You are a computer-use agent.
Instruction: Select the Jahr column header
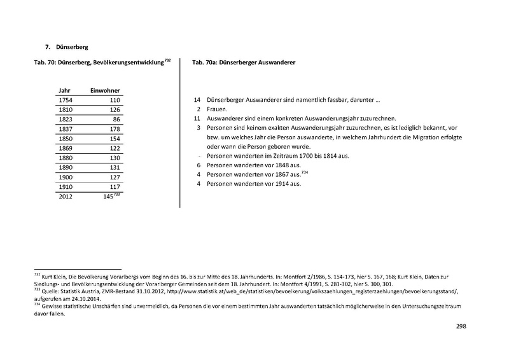[x=64, y=90]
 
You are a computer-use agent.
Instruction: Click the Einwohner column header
[x=105, y=90]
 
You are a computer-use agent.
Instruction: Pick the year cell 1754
[x=66, y=100]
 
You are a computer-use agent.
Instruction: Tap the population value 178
[x=114, y=129]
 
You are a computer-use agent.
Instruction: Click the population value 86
[x=116, y=120]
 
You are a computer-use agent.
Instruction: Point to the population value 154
[x=114, y=139]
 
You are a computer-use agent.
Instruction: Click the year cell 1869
[x=66, y=148]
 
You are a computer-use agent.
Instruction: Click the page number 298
[x=461, y=326]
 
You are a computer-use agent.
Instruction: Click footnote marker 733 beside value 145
[x=118, y=194]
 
